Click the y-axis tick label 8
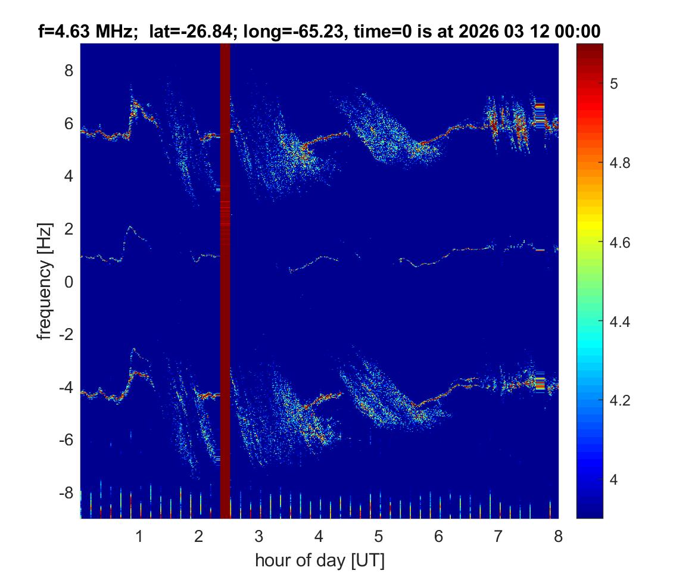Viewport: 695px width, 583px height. pyautogui.click(x=68, y=71)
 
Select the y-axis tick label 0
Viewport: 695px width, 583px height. pyautogui.click(x=68, y=282)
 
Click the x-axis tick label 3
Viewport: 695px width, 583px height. pyautogui.click(x=258, y=537)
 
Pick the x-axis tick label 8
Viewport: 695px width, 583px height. pyautogui.click(x=558, y=537)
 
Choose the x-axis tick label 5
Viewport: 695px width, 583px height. pyautogui.click(x=378, y=537)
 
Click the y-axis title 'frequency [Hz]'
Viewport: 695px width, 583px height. pyautogui.click(x=45, y=282)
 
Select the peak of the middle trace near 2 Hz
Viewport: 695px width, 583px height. pyautogui.click(x=129, y=227)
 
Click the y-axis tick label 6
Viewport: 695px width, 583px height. pyautogui.click(x=68, y=124)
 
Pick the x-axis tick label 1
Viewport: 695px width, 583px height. pyautogui.click(x=139, y=537)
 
